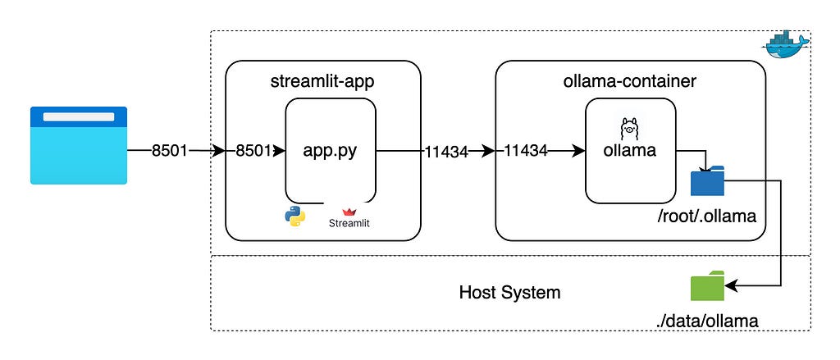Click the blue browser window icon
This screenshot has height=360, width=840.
coord(79,145)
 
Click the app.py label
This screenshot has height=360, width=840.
coord(331,151)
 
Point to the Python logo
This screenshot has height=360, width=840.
coord(294,216)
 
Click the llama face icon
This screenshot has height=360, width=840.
coord(630,128)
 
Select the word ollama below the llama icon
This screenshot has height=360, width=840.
coord(630,151)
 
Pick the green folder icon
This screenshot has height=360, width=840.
coord(707,286)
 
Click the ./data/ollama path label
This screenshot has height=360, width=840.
coord(708,321)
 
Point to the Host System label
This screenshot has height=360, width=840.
coord(510,293)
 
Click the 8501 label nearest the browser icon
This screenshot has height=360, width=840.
coord(170,151)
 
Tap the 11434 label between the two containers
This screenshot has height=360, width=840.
coord(446,151)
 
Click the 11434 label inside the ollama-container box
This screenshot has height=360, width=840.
coord(526,151)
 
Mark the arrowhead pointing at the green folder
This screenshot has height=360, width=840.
coord(731,286)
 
